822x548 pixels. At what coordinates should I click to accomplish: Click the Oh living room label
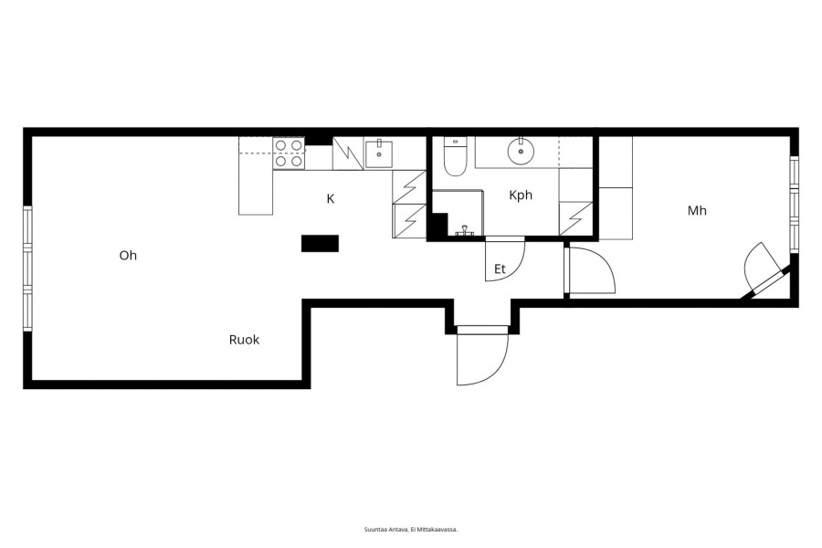click(x=128, y=256)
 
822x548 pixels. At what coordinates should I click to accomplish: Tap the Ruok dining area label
click(x=244, y=340)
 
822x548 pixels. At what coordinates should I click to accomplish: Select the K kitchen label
click(x=331, y=199)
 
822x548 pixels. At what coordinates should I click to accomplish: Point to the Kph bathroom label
click(x=521, y=195)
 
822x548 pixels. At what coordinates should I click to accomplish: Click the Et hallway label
click(x=500, y=269)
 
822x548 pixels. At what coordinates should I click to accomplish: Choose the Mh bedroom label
click(x=697, y=211)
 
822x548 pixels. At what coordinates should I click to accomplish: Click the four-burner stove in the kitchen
click(x=289, y=153)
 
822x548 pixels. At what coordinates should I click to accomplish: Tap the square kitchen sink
click(x=378, y=153)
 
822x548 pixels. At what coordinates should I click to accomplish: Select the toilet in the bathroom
click(x=455, y=156)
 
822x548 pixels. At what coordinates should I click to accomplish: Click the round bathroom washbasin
click(x=522, y=151)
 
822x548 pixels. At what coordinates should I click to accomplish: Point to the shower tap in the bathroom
click(x=465, y=230)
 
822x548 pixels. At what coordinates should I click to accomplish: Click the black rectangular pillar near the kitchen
click(x=320, y=243)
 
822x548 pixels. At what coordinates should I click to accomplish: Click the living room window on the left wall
click(x=27, y=269)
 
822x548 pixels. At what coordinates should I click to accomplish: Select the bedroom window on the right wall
click(x=795, y=205)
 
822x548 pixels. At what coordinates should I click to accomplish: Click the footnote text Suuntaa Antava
click(x=385, y=530)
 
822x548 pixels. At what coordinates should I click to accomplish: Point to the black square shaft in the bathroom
click(x=437, y=225)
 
